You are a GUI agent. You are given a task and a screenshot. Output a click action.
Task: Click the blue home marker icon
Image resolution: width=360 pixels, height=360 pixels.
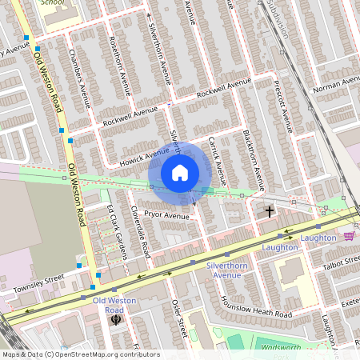(x=180, y=173)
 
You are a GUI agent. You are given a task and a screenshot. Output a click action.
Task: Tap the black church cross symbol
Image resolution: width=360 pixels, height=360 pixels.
(x=269, y=211)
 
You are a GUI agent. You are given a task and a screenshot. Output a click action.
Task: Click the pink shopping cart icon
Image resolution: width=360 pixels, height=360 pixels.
(x=348, y=236)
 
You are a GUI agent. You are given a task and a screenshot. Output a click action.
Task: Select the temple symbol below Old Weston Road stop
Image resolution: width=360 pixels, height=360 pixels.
(x=116, y=319)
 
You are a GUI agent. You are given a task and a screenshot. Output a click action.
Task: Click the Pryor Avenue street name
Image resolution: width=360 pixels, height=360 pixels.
(x=167, y=216)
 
